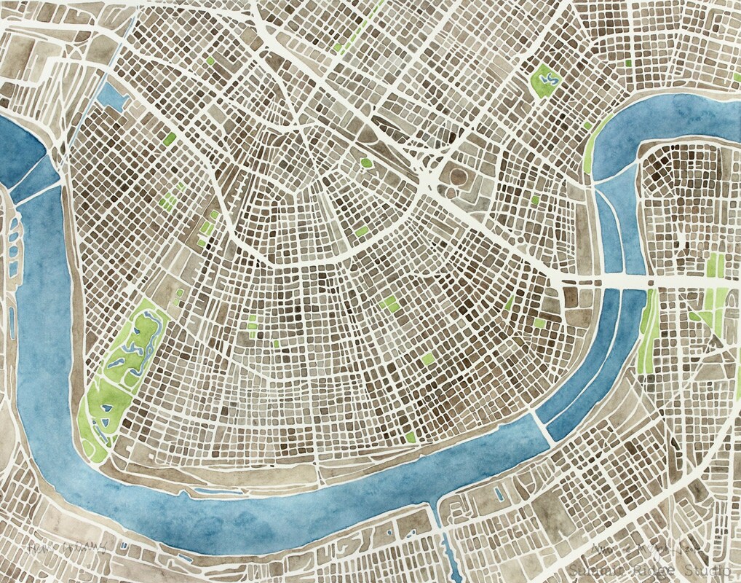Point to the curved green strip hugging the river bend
click(593, 146)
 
